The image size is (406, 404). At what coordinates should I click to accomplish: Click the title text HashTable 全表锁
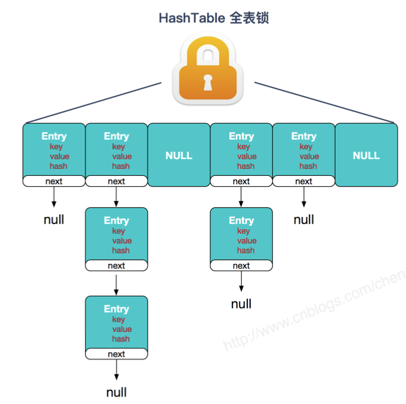coord(213,18)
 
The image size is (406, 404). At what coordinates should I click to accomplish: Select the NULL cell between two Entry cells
coord(179,155)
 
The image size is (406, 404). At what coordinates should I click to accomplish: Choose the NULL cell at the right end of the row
coord(366,155)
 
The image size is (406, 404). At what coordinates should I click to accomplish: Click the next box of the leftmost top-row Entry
coord(54,181)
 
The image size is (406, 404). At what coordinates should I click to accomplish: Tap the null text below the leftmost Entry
coord(54,220)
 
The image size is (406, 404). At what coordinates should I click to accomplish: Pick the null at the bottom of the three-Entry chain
coord(116,392)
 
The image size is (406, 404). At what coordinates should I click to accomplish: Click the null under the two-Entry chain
coord(241,304)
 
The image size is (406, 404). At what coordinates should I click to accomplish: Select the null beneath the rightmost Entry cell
coord(303,220)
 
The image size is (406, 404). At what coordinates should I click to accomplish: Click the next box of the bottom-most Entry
coord(116,354)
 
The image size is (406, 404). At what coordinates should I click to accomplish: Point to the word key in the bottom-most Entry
coord(119,319)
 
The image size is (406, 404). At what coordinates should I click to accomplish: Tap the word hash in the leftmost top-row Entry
coord(58,166)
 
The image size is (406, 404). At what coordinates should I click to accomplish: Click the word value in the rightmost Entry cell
coord(309,157)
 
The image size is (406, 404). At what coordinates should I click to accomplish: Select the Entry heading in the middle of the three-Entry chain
coord(116,220)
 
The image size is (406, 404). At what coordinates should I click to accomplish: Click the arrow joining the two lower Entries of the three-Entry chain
coord(116,283)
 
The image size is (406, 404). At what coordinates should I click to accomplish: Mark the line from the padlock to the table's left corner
coord(94,103)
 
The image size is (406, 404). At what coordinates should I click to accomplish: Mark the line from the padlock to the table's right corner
coord(324,103)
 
